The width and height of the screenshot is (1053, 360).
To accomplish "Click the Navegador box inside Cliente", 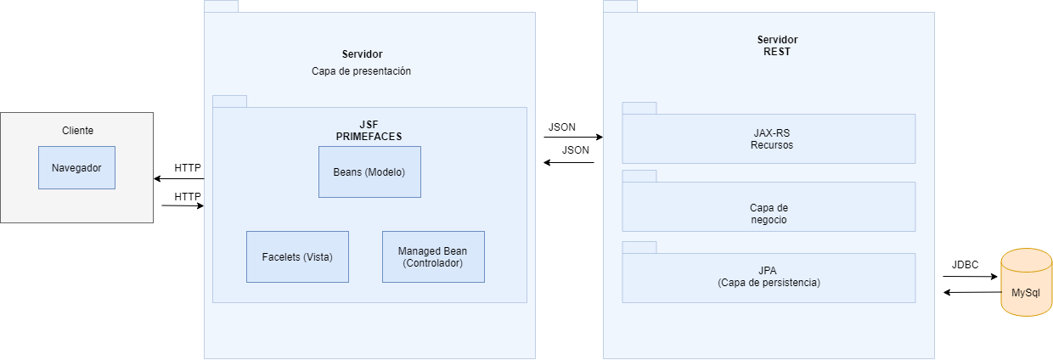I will coord(76,167).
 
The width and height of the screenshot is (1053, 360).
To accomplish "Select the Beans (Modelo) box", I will coord(369,172).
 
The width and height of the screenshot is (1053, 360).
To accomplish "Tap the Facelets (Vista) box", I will coord(297,256).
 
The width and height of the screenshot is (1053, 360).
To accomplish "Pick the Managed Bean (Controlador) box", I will coord(433,256).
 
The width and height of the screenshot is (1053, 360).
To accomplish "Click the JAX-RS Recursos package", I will coord(769,138).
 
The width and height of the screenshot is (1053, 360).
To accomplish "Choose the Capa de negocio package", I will coord(769,212).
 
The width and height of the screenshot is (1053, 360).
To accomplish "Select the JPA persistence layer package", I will coord(769,278).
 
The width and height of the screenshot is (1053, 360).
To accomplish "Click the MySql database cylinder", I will coord(1026,283).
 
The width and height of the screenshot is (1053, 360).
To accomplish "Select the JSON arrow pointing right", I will coord(572,137).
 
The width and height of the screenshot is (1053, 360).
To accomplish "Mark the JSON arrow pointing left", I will coord(569,162).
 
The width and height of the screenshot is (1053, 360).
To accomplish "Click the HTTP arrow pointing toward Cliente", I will coord(178,178).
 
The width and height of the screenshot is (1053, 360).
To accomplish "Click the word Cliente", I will coord(77,131).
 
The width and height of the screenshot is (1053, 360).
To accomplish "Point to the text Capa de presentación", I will coord(361,71).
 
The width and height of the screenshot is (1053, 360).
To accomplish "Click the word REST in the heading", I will coord(777,51).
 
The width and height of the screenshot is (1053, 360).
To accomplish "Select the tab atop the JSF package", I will coord(229,101).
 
